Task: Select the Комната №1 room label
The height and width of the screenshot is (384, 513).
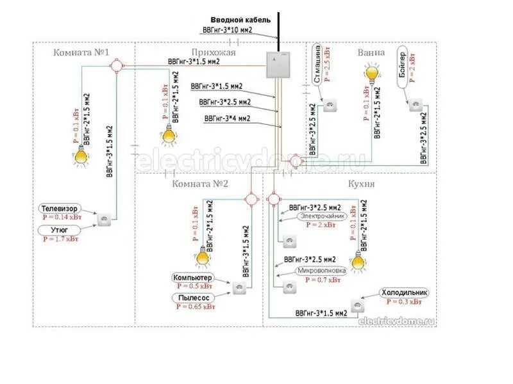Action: pos(82,52)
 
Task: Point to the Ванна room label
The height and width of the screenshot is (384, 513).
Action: pos(371,52)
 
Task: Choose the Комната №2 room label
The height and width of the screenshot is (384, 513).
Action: pos(200,184)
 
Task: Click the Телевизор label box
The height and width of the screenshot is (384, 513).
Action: pos(60,209)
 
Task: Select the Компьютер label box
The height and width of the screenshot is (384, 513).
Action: pos(192,278)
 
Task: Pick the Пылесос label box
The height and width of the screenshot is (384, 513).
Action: pos(192,298)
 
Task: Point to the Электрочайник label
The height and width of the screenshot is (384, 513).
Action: pos(323,216)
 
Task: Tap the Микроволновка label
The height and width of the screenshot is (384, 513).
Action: pos(321,271)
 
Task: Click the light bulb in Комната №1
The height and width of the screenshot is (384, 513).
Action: pos(81,154)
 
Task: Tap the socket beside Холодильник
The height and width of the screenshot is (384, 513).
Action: pos(356,305)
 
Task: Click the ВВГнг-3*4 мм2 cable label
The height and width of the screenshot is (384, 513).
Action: pos(227,118)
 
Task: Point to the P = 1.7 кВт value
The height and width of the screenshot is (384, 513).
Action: pos(61,239)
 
